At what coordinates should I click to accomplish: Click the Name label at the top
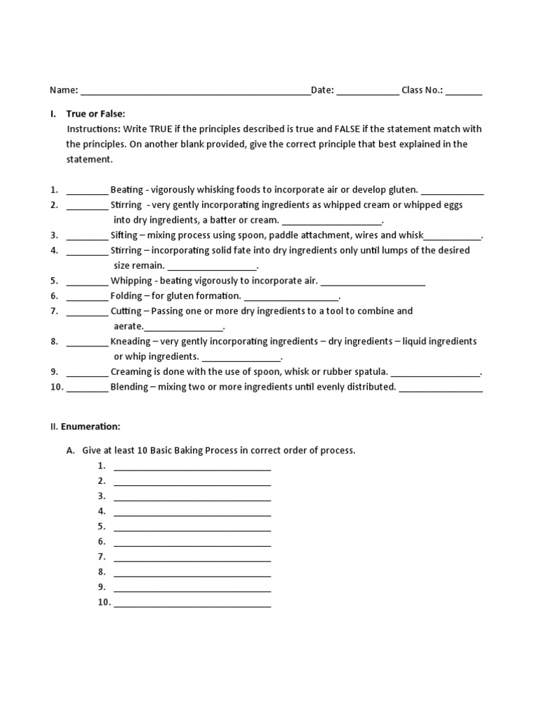pos(63,90)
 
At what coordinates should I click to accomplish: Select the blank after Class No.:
pos(464,91)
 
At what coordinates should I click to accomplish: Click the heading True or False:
pos(96,114)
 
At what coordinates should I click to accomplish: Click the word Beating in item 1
pos(127,190)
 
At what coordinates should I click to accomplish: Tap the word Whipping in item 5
pos(131,281)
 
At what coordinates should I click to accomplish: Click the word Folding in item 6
pos(126,296)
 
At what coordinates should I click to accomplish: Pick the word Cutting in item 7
pos(126,311)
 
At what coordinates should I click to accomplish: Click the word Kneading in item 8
pos(130,341)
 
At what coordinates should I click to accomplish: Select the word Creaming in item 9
pos(131,371)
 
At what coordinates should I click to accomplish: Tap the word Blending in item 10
pos(129,387)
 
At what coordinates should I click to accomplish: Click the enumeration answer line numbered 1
pos(192,467)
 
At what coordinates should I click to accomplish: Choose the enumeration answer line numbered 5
pos(192,528)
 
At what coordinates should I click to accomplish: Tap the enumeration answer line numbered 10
pos(192,604)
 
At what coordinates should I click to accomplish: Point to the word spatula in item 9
pos(371,371)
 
